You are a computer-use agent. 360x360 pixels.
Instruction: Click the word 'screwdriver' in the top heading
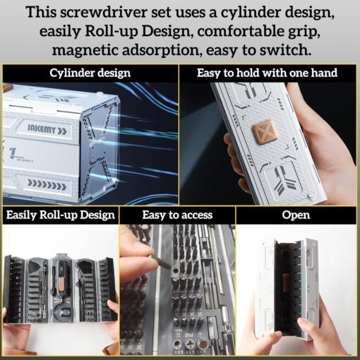tap(104, 12)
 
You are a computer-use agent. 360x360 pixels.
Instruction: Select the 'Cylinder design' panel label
tap(90, 73)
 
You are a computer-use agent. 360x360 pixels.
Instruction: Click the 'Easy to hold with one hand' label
tap(267, 73)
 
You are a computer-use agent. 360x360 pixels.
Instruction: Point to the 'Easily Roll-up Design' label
tap(61, 215)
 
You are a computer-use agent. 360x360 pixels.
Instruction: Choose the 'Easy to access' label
tap(177, 215)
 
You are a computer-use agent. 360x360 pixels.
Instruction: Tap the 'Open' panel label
tap(296, 215)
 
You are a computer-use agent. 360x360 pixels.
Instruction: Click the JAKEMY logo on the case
tap(47, 129)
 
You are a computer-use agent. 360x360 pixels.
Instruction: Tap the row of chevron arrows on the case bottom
tap(47, 183)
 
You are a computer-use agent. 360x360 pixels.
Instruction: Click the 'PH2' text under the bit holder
tap(187, 335)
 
